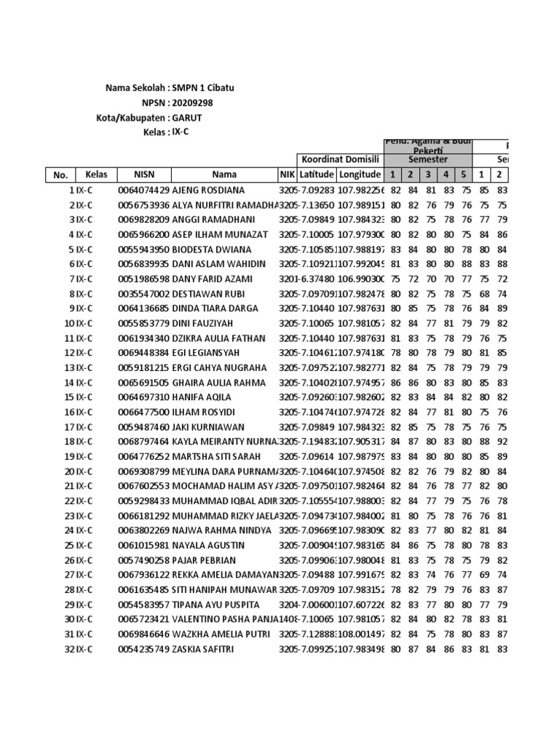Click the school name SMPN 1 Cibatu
coord(203,87)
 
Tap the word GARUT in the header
coord(187,117)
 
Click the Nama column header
coord(224,175)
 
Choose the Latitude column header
coord(317,175)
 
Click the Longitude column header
coord(360,175)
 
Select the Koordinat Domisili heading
coord(339,159)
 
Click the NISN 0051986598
coord(143,279)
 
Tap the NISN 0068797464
coord(143,442)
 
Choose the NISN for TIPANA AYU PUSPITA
coord(143,605)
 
